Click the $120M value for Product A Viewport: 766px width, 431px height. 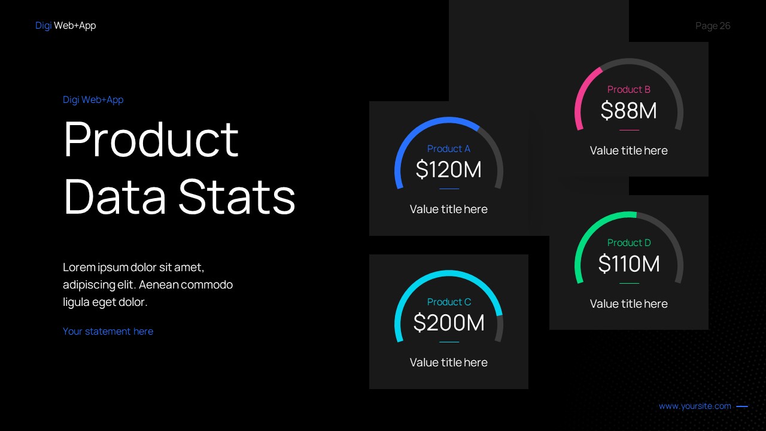(449, 170)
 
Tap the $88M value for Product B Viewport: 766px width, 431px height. (628, 111)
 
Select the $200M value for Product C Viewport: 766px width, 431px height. (449, 323)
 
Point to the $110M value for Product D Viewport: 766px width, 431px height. (628, 264)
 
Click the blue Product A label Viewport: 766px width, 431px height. (449, 148)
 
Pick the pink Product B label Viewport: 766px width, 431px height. (628, 89)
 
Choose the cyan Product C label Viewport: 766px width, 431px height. (449, 302)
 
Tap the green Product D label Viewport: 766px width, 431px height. (628, 242)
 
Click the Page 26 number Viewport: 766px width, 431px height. (713, 26)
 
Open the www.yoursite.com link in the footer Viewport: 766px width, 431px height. (695, 406)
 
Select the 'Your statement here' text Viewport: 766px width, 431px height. (108, 331)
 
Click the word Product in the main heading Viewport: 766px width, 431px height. (151, 139)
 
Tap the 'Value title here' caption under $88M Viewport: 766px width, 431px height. (628, 150)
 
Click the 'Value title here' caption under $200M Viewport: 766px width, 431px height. (449, 362)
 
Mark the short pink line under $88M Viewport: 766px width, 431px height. (629, 130)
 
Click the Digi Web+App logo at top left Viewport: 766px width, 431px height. (65, 26)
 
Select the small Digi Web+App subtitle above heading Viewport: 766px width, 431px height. (93, 99)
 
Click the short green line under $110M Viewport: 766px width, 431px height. (629, 283)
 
